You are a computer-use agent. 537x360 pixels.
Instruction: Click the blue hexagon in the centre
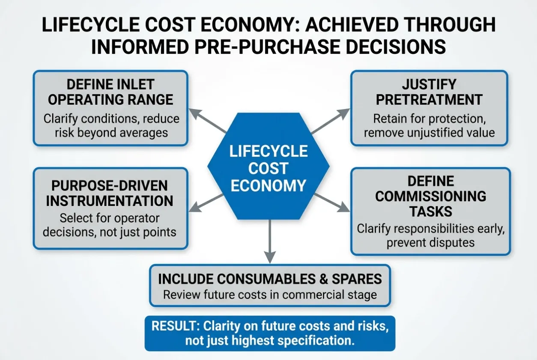268,166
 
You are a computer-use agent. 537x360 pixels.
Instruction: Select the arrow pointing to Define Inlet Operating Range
208,121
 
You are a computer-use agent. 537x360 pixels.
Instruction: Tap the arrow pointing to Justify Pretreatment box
330,121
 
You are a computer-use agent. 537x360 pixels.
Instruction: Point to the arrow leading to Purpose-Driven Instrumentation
206,203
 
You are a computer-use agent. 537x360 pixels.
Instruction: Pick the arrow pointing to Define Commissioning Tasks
332,202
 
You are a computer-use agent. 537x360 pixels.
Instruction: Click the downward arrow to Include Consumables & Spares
270,241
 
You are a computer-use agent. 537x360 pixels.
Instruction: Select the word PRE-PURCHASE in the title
268,47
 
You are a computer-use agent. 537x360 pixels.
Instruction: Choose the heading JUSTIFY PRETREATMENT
429,92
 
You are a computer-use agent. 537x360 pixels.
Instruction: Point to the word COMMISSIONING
431,196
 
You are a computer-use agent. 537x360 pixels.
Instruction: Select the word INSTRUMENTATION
110,201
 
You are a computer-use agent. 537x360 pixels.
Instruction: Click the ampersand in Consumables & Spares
323,279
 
